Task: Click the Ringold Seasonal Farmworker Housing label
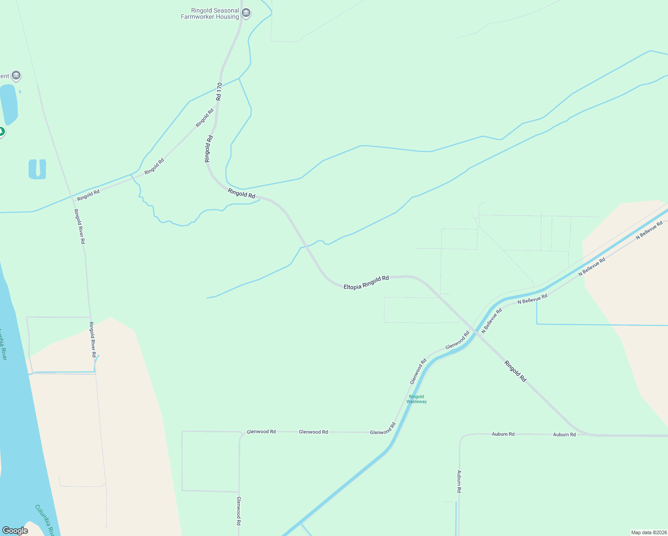210,13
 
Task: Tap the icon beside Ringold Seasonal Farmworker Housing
246,13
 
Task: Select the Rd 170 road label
219,91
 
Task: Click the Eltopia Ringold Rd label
366,282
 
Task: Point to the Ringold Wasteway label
417,399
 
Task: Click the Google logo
15,530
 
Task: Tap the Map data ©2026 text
648,532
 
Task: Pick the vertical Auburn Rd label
459,481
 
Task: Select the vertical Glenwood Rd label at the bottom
239,511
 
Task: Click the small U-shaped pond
37,169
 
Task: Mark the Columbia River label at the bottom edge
45,519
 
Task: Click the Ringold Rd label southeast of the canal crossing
515,371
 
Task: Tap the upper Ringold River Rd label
79,226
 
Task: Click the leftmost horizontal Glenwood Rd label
261,431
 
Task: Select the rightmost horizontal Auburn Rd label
564,434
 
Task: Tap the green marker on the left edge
1,132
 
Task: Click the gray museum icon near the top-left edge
16,75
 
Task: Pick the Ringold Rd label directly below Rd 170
209,149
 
